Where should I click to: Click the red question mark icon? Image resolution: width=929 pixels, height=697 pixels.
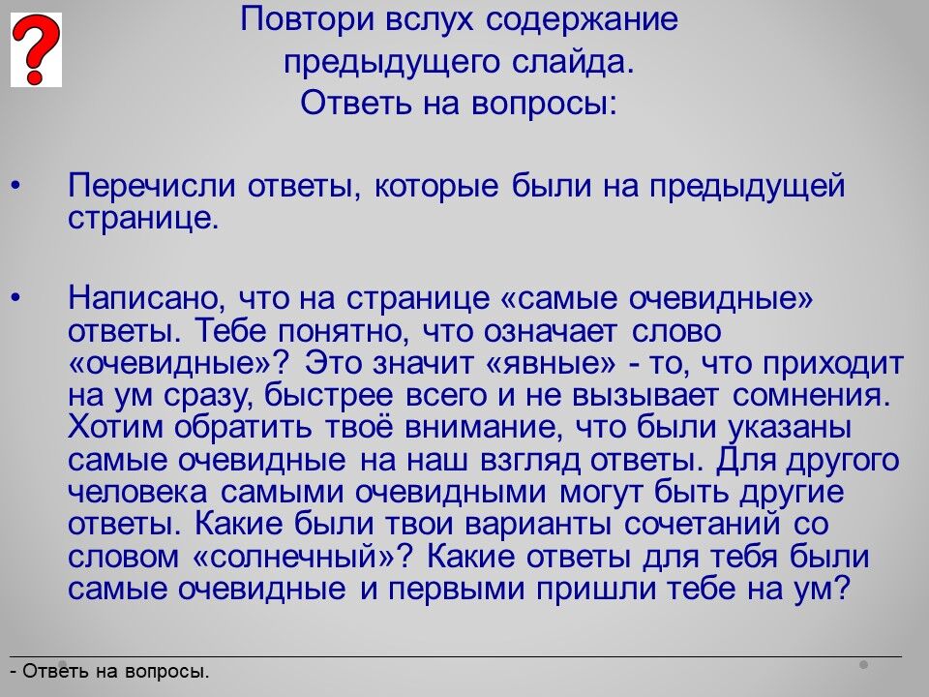[x=36, y=49]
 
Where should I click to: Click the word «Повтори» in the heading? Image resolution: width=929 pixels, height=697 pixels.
[x=308, y=20]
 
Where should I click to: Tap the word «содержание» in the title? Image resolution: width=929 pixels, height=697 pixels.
[x=582, y=20]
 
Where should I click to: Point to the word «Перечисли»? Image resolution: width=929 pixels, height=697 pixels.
[x=152, y=186]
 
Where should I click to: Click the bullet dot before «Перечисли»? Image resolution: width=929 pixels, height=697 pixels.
[x=16, y=186]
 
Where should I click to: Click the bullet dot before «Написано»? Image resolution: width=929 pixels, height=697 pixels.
[x=16, y=298]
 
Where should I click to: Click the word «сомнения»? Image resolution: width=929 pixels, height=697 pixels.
[x=811, y=396]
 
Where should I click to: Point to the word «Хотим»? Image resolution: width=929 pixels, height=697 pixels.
[x=115, y=427]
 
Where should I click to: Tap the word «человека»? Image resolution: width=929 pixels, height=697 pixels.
[x=138, y=493]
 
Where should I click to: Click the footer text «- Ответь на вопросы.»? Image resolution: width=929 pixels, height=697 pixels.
[x=110, y=672]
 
